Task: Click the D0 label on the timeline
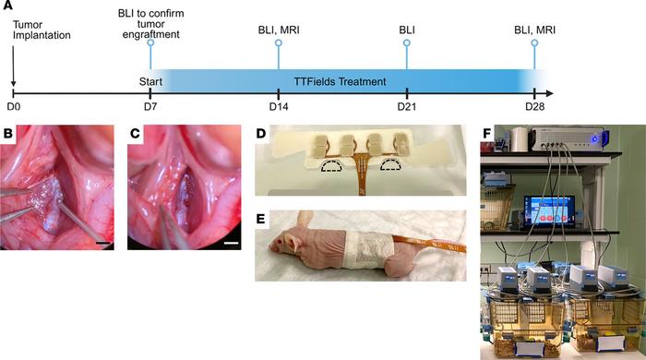[14, 107]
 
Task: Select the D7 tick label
[148, 107]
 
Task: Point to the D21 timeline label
[407, 107]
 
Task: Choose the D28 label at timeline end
[535, 107]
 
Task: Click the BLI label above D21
[407, 29]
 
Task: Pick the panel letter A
[7, 7]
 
